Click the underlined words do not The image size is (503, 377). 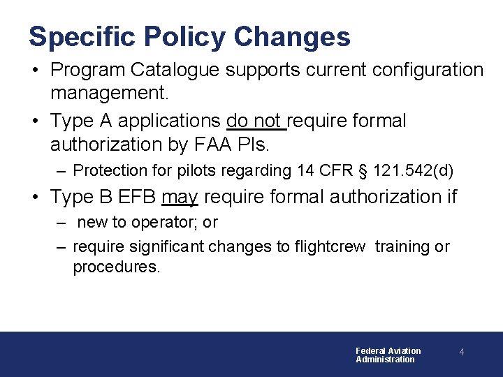click(256, 121)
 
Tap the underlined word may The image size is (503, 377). click(180, 198)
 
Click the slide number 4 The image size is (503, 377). click(462, 353)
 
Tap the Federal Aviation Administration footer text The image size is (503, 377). click(388, 355)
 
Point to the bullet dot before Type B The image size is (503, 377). click(36, 198)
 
